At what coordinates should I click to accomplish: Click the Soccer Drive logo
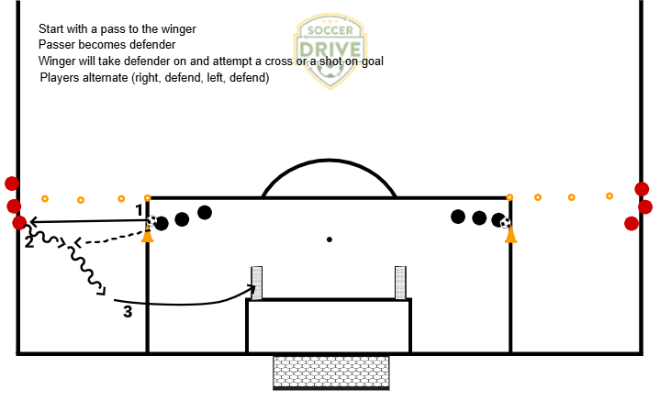[330, 51]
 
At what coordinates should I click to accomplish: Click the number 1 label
[140, 210]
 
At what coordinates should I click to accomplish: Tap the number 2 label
[29, 241]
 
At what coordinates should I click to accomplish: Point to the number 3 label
[128, 312]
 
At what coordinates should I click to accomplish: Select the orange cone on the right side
[510, 235]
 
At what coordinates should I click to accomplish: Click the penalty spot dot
[329, 240]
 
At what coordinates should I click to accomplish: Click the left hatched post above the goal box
[257, 282]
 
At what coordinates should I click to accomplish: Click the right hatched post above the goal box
[400, 282]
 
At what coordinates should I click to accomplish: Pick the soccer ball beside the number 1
[151, 220]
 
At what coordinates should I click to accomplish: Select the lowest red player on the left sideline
[19, 223]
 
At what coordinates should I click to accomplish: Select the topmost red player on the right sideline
[642, 189]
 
